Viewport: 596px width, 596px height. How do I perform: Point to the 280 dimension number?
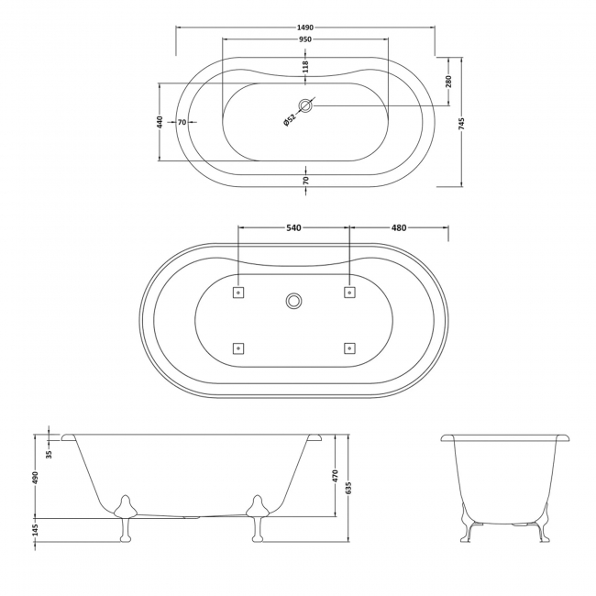point(448,81)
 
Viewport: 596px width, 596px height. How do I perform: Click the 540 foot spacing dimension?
point(293,227)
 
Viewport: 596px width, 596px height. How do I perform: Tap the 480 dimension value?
point(398,227)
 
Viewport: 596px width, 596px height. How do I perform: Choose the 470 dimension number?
point(336,476)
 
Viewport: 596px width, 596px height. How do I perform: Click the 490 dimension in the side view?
point(37,479)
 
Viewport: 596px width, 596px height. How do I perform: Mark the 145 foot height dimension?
point(37,530)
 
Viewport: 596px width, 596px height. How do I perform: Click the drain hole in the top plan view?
point(306,105)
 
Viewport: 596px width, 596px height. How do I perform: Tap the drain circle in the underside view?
point(294,300)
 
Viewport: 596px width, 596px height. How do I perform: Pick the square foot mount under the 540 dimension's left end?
point(238,292)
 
